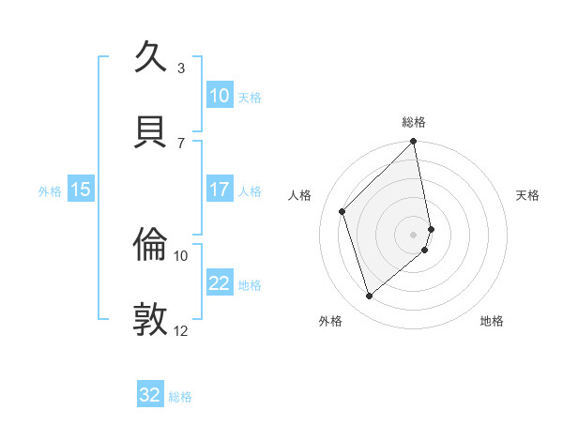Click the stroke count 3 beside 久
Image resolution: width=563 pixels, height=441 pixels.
point(181,68)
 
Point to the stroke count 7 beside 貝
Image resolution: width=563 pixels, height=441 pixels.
point(181,143)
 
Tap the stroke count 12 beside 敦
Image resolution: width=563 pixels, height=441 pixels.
point(181,330)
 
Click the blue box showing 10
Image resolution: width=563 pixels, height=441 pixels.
point(219,96)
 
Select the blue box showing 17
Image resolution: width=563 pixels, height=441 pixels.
point(219,190)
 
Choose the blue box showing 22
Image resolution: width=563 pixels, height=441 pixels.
point(219,283)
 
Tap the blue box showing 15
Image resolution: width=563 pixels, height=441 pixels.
point(80,190)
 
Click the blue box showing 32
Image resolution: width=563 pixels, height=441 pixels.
point(150,395)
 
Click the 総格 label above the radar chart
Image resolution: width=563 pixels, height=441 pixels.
point(414,122)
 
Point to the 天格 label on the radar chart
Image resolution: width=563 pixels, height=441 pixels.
point(528,195)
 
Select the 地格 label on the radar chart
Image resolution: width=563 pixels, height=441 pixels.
point(492,321)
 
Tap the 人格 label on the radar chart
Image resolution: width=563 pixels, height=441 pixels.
point(299,195)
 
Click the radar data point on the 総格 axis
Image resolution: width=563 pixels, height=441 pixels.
point(414,142)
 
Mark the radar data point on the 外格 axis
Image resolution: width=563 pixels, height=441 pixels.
point(369,297)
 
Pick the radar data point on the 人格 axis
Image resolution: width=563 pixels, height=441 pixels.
point(342,211)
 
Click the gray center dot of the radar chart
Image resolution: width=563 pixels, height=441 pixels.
point(414,234)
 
